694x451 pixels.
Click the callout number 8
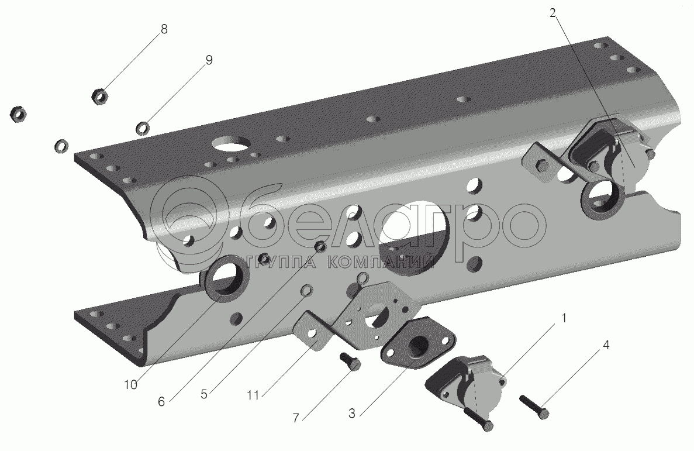164,29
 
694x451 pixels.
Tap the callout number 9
209,60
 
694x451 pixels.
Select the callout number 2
553,13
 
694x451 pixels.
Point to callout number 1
564,318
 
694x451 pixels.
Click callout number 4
606,345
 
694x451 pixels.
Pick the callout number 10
130,385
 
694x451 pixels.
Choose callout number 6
161,401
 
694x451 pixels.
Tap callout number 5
203,394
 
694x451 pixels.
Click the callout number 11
253,395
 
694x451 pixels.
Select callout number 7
296,418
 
